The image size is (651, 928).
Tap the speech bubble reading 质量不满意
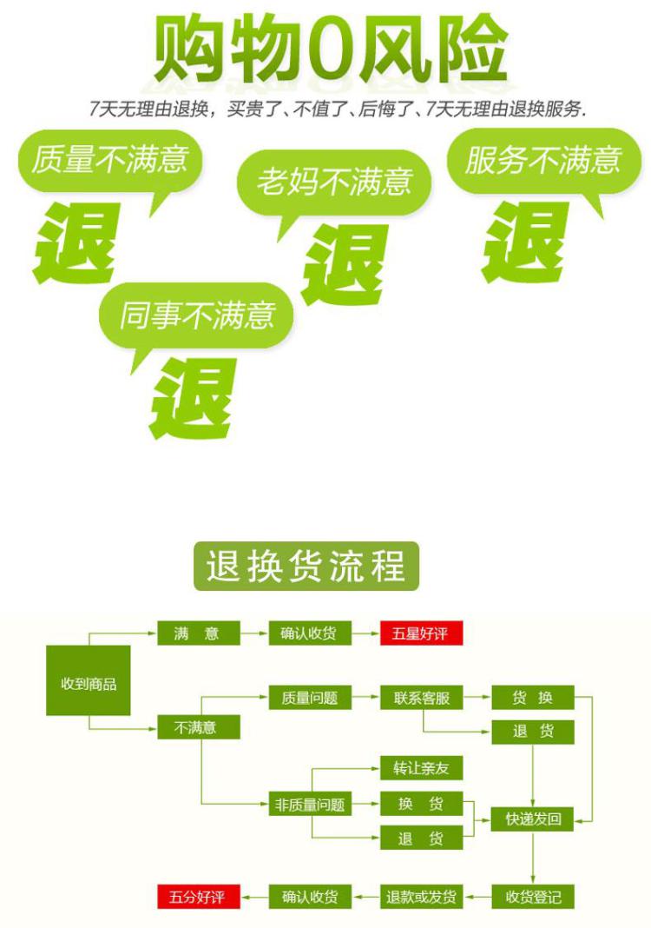coord(109,160)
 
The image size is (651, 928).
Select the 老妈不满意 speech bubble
coord(333,182)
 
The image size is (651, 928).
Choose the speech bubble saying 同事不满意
coord(197,315)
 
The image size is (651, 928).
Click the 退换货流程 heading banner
coord(306,567)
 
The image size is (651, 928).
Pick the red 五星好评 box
coord(421,633)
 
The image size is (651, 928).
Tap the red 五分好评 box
coord(197,896)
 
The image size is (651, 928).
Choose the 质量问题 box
coord(309,697)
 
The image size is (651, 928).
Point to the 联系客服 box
coord(421,697)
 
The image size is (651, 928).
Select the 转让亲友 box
coord(421,768)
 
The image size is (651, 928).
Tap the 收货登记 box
coord(532,896)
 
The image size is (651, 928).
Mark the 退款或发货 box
coord(421,896)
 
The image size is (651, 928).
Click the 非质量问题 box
coord(309,805)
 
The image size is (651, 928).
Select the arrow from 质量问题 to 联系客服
coord(366,697)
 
